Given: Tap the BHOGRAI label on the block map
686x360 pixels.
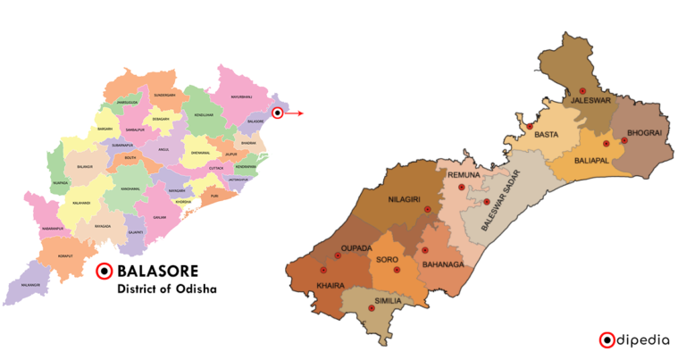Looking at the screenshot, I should [643, 134].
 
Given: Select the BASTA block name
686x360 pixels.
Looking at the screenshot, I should [547, 134].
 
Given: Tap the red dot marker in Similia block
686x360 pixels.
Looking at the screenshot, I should [371, 308].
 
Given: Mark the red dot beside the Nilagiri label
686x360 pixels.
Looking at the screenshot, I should [427, 209].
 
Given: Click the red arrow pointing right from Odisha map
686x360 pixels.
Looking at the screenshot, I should [295, 113].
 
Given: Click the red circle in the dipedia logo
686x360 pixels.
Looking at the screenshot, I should [607, 339].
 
